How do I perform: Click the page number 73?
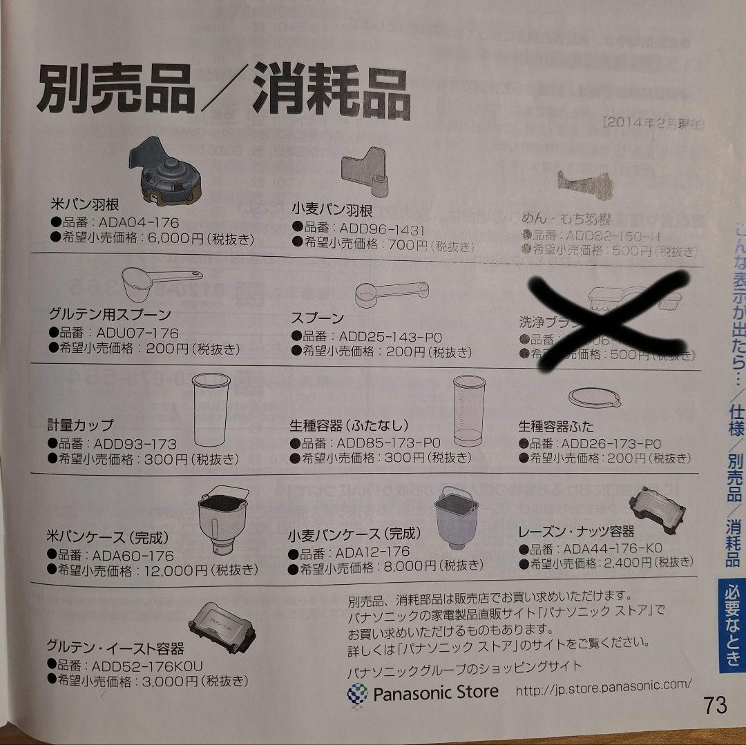coord(716,706)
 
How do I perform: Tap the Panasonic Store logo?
coord(423,692)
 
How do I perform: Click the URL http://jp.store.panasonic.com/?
coord(603,686)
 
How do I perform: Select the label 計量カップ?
coord(81,425)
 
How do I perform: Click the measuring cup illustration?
coord(210,410)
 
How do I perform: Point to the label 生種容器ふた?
coord(555,426)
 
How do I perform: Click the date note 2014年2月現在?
coord(652,124)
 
